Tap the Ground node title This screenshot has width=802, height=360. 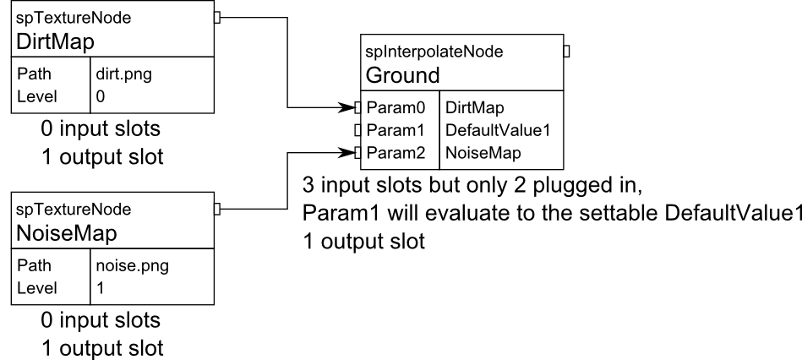pos(402,75)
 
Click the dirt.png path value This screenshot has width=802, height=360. pos(125,74)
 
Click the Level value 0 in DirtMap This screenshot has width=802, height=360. pos(101,96)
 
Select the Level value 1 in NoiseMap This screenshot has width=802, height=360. pos(101,287)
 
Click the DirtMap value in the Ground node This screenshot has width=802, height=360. pos(477,108)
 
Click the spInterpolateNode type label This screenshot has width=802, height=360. pos(434,52)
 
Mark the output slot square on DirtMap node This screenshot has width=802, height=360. pos(218,17)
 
